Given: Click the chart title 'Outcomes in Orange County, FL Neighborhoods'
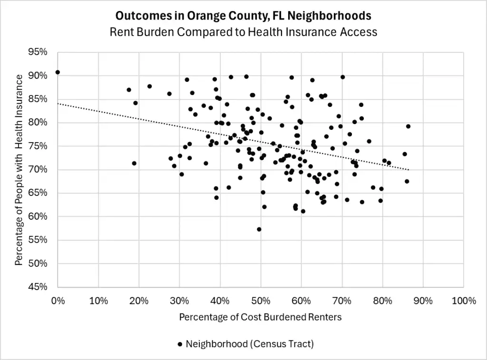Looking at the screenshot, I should (x=243, y=16).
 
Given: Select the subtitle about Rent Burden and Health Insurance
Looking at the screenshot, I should (x=243, y=32).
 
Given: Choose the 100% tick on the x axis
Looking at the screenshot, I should (x=464, y=301).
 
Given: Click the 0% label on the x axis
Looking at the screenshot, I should (x=58, y=301).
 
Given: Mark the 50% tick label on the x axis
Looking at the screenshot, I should (x=261, y=301).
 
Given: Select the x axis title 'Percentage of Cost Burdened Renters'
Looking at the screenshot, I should (x=260, y=317).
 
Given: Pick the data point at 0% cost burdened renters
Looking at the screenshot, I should (x=58, y=72).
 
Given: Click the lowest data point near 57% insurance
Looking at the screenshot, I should (x=259, y=229).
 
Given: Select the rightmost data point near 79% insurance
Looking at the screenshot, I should (x=408, y=126).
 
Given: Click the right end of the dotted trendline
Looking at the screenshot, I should (x=409, y=170).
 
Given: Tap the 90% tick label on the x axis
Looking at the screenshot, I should (x=423, y=301).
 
